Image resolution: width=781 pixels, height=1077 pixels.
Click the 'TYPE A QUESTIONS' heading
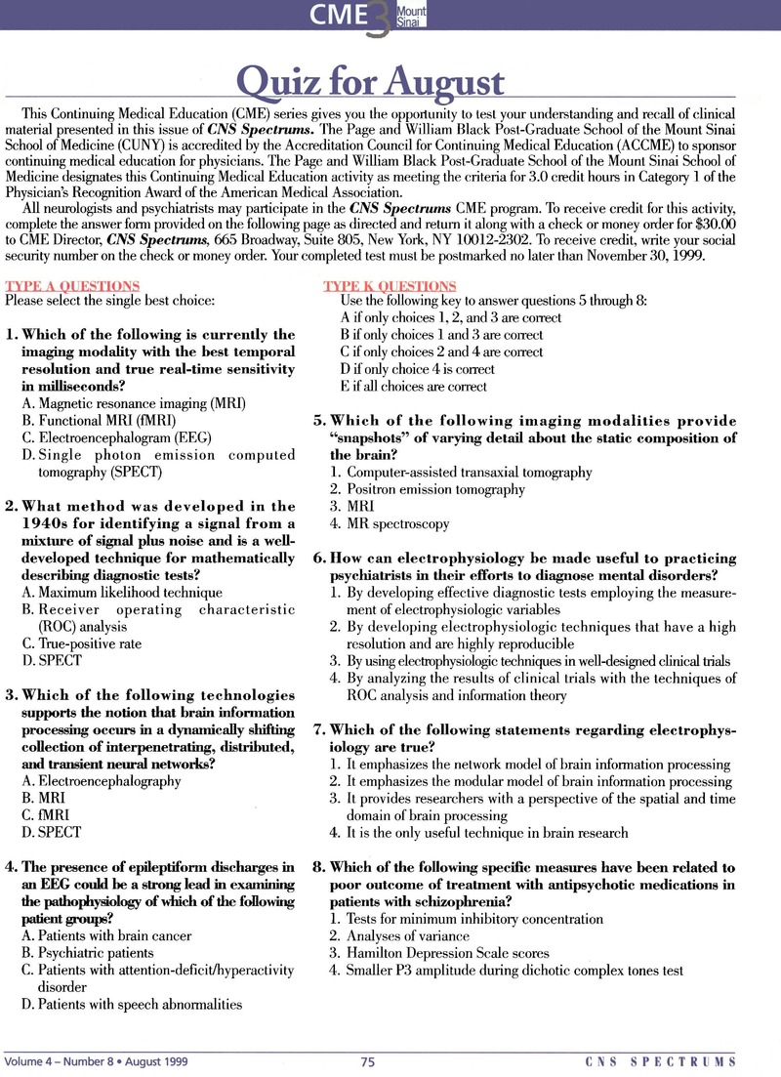tap(72, 286)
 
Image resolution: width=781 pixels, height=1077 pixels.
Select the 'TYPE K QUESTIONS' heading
tap(390, 286)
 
